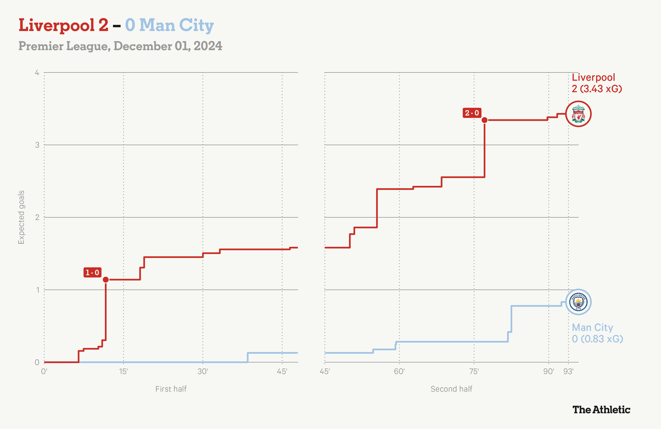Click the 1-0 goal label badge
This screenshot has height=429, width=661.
(92, 272)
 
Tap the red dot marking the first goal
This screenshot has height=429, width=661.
(106, 280)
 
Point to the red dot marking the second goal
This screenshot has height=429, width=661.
(484, 120)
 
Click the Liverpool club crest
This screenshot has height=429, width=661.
(578, 114)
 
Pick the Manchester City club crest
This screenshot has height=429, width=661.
(578, 302)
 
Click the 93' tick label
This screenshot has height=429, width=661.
(568, 372)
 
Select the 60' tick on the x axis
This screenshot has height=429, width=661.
(399, 372)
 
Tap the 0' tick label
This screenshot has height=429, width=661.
(44, 372)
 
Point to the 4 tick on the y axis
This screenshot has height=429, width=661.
(37, 73)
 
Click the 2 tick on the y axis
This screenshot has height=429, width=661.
(37, 217)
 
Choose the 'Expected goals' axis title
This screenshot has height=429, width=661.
(21, 217)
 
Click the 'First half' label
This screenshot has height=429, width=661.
(171, 389)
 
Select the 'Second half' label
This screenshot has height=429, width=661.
(451, 389)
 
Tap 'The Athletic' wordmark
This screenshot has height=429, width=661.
(601, 410)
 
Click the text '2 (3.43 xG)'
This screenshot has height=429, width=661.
(597, 89)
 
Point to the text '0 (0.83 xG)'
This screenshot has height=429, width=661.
(597, 339)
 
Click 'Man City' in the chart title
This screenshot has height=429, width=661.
(176, 26)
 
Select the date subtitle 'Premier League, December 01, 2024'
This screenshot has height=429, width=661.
(120, 46)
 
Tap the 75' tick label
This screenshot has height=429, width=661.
(474, 372)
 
